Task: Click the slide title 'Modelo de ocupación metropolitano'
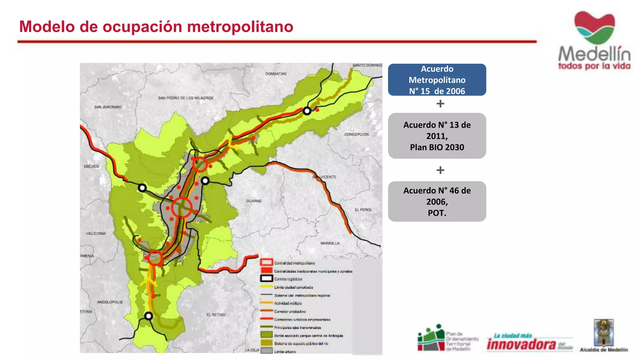click(156, 27)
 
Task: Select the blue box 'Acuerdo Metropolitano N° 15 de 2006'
click(437, 80)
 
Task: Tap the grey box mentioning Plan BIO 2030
click(437, 136)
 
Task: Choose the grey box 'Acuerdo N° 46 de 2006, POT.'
click(437, 202)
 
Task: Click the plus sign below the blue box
click(440, 103)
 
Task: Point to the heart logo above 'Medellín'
click(594, 27)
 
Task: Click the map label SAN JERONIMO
click(108, 107)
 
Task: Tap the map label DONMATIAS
click(276, 74)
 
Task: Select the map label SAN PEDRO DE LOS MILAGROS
click(186, 98)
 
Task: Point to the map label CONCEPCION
click(356, 134)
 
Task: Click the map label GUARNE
click(254, 201)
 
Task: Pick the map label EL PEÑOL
click(363, 210)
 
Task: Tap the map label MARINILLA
click(330, 243)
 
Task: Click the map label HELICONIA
click(96, 233)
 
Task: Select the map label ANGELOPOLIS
click(110, 302)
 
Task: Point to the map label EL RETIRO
click(216, 315)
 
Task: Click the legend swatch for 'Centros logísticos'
click(267, 278)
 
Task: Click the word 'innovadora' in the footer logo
click(521, 345)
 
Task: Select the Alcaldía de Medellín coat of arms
click(603, 332)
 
